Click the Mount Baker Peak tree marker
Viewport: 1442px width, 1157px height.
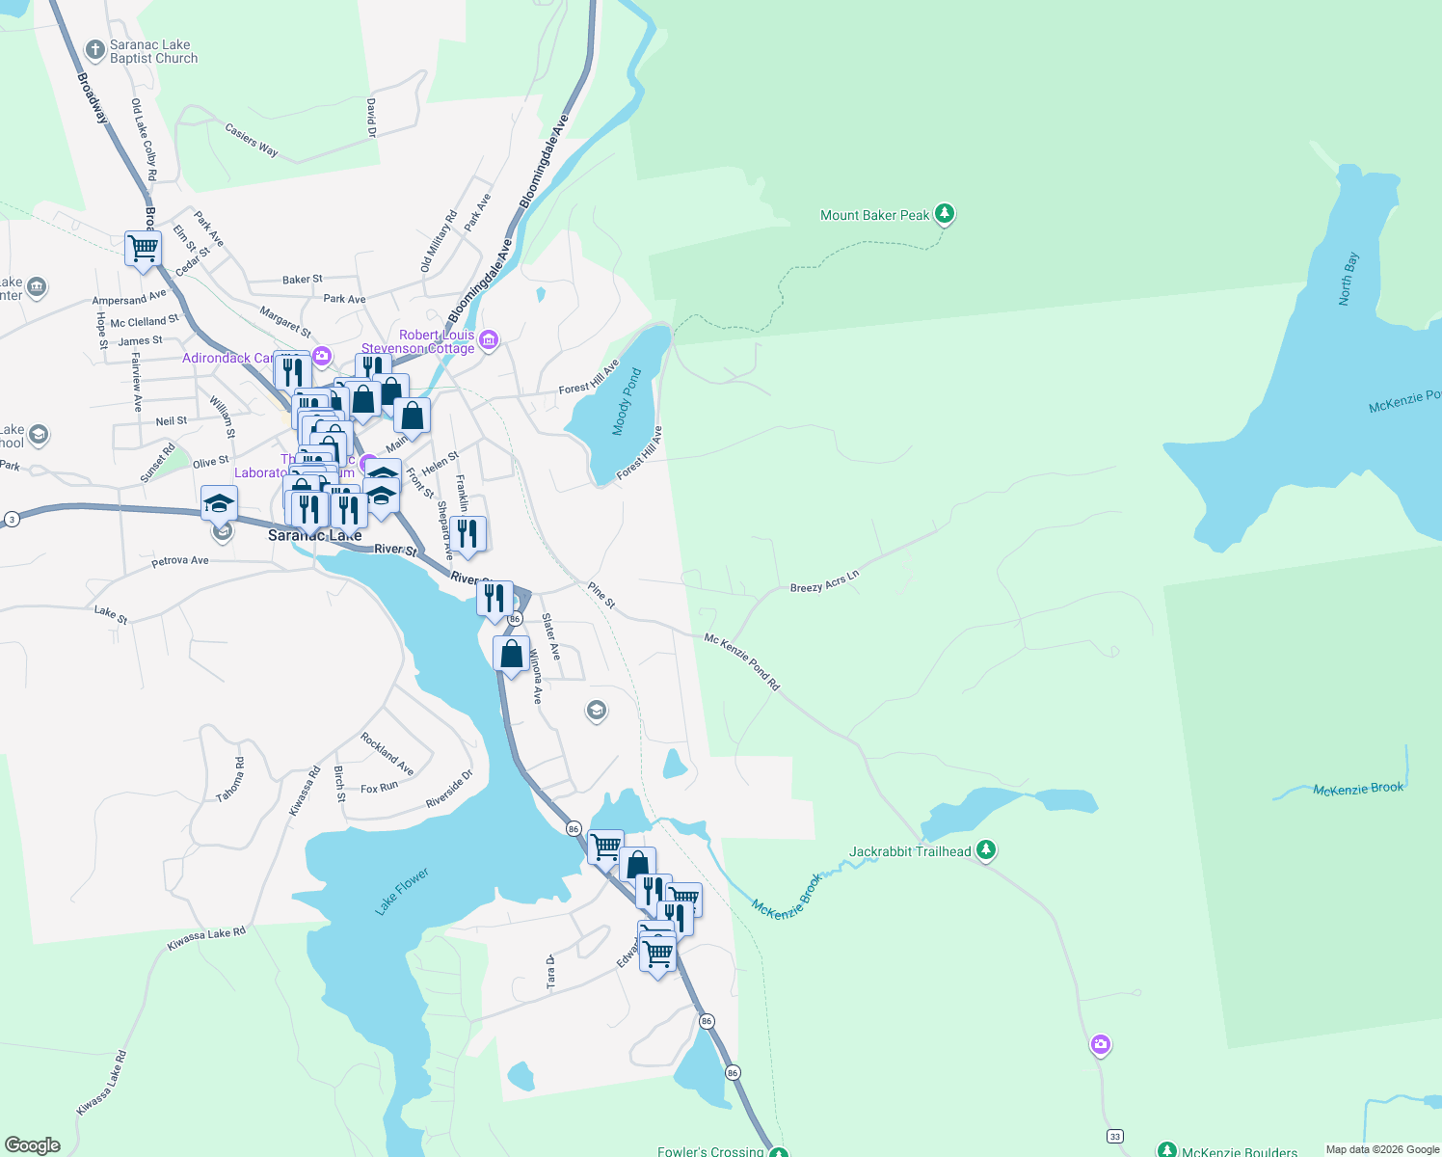(945, 214)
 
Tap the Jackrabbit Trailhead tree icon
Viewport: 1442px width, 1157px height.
(985, 850)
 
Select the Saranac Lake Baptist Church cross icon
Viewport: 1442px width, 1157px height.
(95, 49)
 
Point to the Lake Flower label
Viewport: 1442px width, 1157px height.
(401, 891)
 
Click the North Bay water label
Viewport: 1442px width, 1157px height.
(1349, 279)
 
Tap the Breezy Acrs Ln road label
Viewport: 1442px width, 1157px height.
(824, 581)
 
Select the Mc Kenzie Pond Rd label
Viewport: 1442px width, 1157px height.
(741, 661)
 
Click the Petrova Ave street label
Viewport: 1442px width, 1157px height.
(180, 560)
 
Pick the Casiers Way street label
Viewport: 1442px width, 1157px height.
(252, 139)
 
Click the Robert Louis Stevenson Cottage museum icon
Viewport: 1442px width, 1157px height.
(489, 339)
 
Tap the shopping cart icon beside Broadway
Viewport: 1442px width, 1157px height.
(143, 248)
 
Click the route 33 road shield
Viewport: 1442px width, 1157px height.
(1114, 1136)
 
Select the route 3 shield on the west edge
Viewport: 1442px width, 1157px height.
(12, 519)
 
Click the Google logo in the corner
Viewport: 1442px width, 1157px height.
(33, 1145)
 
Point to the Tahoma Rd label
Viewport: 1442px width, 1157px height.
(230, 780)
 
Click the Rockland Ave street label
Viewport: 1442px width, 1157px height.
(387, 754)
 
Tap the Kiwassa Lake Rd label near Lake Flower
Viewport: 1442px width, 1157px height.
(206, 938)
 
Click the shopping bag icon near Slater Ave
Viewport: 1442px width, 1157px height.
(511, 655)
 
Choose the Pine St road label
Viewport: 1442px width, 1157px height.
(601, 595)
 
